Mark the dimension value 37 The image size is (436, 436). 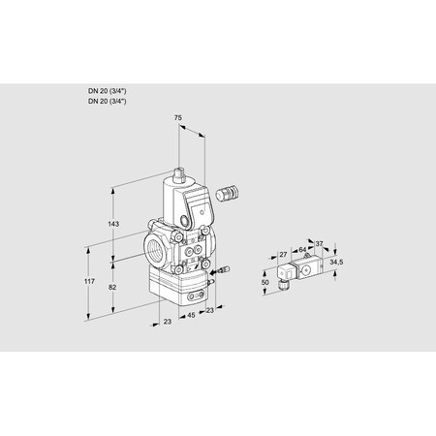(x=320, y=245)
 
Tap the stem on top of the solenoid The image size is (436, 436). (x=180, y=177)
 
